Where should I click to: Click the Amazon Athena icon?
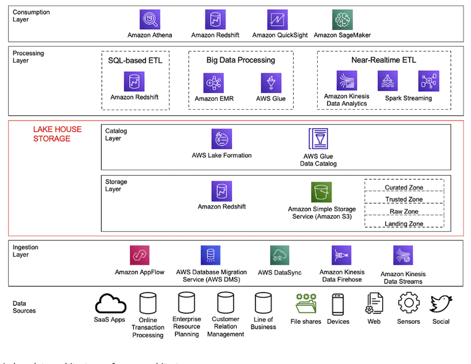(x=149, y=20)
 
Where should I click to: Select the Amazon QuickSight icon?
(x=277, y=20)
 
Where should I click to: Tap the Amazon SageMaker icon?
(x=342, y=20)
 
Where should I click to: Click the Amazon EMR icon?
(x=214, y=83)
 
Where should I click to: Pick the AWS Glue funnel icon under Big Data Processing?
(x=271, y=83)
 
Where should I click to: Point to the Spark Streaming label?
(x=408, y=98)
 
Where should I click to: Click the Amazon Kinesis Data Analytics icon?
(x=346, y=81)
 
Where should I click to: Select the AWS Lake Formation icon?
(x=222, y=139)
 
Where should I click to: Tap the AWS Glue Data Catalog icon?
(x=318, y=140)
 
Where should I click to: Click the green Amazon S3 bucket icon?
(x=322, y=192)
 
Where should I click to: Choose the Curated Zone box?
(x=404, y=187)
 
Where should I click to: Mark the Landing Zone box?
(x=404, y=224)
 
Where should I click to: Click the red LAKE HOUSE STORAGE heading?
(x=57, y=134)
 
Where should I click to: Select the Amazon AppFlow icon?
(x=140, y=255)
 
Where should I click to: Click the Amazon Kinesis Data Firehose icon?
(x=341, y=255)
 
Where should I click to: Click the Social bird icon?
(x=441, y=303)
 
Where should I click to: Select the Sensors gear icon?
(x=408, y=303)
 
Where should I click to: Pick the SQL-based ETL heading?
(x=135, y=60)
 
